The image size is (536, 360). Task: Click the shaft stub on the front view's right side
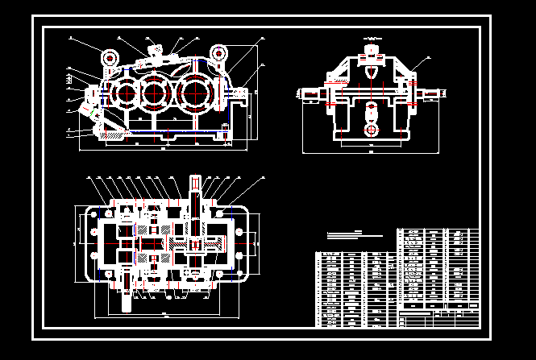[242, 94]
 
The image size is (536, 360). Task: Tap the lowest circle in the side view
[371, 130]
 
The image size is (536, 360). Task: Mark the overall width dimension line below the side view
[371, 151]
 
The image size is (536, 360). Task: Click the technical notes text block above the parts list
[355, 235]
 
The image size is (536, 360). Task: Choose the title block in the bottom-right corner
[439, 316]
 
